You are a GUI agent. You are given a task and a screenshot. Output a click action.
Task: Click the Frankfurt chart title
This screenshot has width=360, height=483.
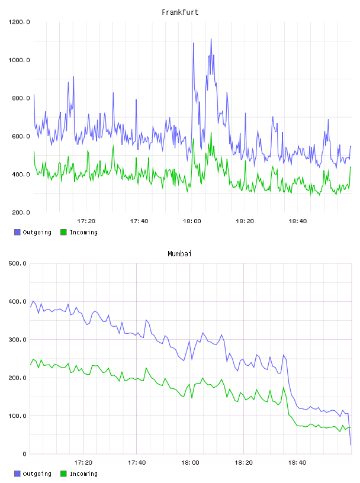[180, 12]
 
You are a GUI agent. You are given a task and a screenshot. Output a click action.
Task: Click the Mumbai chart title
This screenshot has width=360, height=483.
[179, 254]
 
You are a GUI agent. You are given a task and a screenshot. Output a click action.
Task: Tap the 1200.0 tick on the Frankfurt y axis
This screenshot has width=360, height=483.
[19, 22]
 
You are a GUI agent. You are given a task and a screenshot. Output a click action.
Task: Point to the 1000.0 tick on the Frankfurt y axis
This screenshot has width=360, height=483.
[19, 60]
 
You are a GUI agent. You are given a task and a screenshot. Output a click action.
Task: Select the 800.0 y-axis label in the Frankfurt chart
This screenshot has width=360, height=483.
[21, 98]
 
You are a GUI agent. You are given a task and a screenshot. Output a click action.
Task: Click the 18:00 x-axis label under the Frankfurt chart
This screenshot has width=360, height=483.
[192, 221]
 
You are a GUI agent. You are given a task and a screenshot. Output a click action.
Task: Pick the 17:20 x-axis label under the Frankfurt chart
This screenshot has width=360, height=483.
[86, 221]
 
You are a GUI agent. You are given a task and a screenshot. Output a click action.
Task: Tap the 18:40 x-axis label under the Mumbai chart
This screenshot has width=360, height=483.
[297, 463]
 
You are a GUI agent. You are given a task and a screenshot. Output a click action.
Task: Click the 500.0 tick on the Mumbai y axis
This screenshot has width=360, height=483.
[18, 263]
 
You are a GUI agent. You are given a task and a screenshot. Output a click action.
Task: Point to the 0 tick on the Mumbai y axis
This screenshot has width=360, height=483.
[25, 454]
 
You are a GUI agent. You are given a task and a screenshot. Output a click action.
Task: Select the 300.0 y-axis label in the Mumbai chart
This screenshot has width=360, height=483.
[18, 340]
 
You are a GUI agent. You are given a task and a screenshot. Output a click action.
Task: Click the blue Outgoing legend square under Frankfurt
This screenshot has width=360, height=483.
[17, 232]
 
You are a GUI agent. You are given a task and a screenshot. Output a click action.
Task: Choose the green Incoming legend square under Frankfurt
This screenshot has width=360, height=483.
[63, 232]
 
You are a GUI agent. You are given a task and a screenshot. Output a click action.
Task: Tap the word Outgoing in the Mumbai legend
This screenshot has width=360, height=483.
[37, 474]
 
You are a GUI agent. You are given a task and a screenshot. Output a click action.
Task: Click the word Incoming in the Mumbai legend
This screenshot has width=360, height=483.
[83, 474]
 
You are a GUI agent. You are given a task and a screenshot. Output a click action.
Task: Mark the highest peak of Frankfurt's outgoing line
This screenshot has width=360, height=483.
[211, 39]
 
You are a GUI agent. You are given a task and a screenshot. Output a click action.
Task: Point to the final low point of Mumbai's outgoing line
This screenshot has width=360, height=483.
[351, 445]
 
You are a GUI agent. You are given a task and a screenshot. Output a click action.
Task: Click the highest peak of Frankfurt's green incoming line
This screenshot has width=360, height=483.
[211, 133]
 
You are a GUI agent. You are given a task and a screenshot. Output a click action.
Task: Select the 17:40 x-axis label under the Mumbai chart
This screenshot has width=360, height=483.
[137, 463]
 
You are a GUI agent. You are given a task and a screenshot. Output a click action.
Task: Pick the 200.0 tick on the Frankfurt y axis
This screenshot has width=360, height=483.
[21, 212]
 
